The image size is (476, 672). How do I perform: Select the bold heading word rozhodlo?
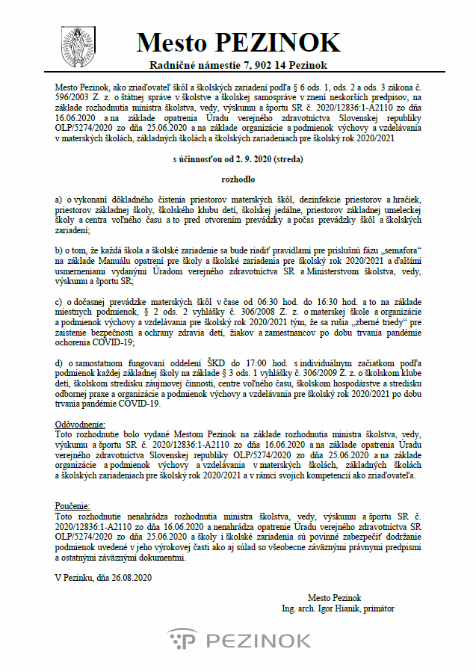[238, 180]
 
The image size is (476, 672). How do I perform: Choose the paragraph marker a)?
[61, 200]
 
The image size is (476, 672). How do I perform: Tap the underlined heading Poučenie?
[73, 506]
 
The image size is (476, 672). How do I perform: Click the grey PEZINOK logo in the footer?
[238, 640]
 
